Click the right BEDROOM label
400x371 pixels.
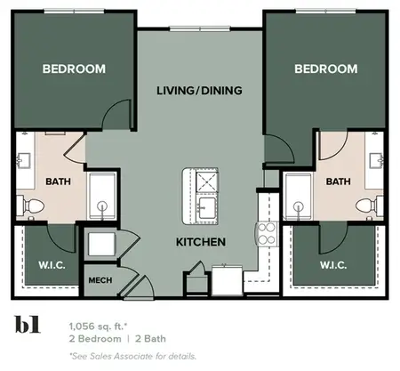325,69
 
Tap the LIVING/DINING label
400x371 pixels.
199,91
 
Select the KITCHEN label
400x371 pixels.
200,242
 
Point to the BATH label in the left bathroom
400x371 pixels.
58,182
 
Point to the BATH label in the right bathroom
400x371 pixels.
338,182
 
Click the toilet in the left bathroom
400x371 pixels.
32,206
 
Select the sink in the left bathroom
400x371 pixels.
23,161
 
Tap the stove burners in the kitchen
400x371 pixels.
266,234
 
